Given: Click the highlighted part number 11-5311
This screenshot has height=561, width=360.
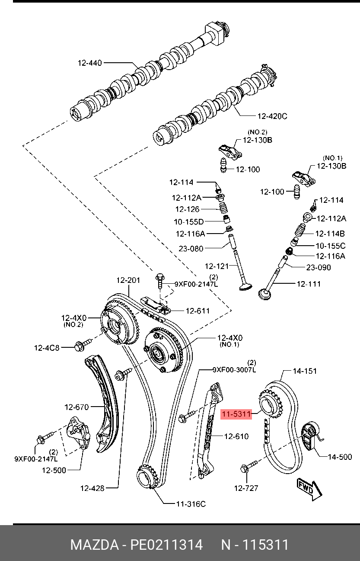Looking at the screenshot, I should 236,414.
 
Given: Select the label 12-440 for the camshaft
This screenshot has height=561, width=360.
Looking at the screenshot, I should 89,63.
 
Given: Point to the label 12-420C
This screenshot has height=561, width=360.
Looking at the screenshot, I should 272,116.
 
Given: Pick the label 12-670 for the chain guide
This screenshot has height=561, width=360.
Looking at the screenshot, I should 76,407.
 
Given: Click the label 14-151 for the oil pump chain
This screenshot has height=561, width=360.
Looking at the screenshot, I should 305,371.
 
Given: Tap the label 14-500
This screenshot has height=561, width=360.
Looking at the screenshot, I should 340,456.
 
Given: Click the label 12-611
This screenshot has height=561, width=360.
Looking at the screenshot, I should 198,311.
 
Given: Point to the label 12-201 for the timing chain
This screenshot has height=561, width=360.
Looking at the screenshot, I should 128,280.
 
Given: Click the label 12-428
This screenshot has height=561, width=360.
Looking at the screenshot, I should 92,488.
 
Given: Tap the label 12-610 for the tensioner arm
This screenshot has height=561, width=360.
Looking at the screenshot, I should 236,436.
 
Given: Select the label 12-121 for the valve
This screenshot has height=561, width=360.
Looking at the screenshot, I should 217,266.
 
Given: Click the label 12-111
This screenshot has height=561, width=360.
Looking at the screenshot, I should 309,284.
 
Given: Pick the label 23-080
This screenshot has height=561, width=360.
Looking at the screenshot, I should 191,249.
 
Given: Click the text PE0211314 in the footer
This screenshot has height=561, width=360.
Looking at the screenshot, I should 167,545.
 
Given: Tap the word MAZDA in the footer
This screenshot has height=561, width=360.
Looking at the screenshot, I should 94,545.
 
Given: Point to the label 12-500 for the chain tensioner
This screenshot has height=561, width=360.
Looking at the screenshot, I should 54,470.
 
